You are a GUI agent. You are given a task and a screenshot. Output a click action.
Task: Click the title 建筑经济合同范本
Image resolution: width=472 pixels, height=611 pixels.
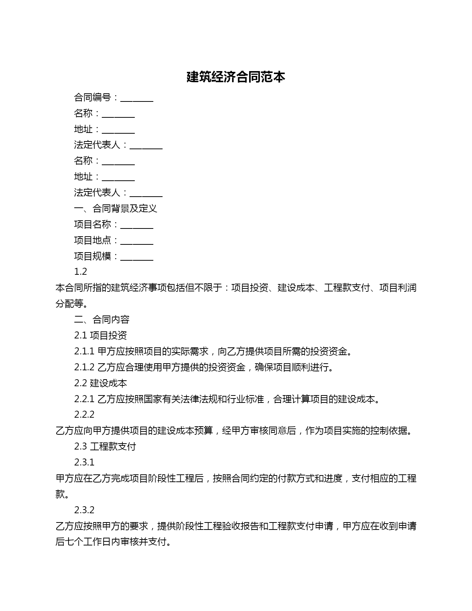point(236,77)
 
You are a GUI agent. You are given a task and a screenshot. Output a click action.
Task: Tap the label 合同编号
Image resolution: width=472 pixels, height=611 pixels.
point(93,97)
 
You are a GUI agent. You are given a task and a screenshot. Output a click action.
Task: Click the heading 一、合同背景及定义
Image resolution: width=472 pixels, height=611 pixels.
point(116,208)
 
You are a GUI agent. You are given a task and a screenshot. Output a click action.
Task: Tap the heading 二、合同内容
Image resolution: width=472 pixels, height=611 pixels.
point(102,320)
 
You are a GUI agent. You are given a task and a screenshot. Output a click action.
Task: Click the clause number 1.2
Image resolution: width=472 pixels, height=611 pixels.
point(80,272)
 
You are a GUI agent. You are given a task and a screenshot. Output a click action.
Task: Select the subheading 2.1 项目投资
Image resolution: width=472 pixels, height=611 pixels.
point(100,335)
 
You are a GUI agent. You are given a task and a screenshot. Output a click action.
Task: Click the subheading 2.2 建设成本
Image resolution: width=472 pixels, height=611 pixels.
point(100,383)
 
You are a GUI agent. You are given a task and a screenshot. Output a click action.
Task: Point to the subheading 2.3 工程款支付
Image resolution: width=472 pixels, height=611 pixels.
point(105,447)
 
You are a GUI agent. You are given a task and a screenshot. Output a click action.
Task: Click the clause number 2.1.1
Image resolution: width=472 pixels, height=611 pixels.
point(84,351)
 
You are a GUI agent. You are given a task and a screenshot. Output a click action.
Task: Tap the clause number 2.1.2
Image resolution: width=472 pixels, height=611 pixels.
point(84,367)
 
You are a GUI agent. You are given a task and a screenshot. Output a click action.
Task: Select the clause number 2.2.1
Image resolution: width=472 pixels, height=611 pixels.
point(84,399)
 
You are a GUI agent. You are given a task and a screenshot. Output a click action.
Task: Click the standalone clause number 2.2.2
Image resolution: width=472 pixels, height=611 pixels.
point(84,415)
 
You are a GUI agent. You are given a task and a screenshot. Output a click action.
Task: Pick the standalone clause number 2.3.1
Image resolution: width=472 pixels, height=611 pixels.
point(84,463)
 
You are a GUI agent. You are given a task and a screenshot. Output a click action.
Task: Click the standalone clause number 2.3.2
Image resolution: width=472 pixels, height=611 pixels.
point(84,510)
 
